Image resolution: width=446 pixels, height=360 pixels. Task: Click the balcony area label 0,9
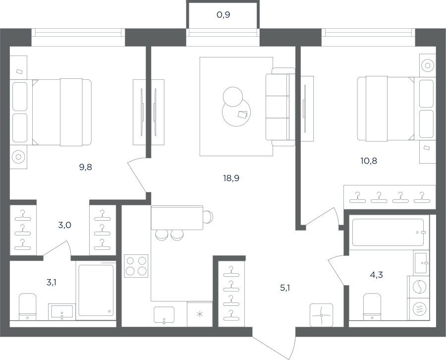click(223, 15)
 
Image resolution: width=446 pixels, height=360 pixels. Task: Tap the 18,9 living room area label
click(231, 178)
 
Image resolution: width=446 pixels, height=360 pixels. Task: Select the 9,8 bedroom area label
click(86, 167)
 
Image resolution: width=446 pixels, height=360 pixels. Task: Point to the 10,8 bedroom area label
click(369, 161)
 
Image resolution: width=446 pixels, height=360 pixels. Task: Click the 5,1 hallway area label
click(285, 288)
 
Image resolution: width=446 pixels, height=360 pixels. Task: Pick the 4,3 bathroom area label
click(376, 275)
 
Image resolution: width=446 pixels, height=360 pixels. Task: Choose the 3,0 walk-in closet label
click(64, 225)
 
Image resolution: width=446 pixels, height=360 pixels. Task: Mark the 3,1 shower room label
click(51, 282)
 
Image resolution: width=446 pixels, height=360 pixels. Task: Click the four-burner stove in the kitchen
click(136, 266)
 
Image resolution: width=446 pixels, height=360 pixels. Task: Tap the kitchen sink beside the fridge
click(164, 315)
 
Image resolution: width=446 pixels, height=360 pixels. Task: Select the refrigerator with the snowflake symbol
click(200, 314)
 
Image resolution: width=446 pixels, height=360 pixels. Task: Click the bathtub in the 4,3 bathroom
click(388, 232)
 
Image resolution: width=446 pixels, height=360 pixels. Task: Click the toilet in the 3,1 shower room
click(28, 306)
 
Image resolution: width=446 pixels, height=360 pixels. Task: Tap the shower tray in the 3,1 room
click(96, 290)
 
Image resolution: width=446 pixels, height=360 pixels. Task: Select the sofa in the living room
click(280, 107)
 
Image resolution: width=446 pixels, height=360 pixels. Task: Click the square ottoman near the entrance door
click(322, 315)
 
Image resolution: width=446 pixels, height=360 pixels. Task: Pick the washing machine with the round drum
click(418, 287)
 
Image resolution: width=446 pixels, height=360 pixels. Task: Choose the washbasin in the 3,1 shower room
click(62, 312)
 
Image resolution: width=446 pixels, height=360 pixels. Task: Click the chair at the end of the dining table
click(208, 217)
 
